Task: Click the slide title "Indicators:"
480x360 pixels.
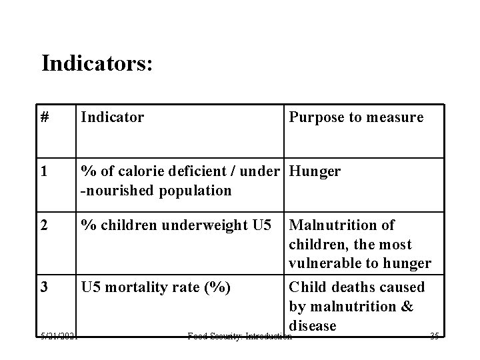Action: (x=97, y=64)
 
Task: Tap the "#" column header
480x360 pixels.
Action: (x=45, y=118)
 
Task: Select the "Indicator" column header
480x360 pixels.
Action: (x=112, y=118)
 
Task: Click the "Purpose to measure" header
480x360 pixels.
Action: (x=356, y=118)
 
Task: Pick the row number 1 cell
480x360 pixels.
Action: (x=44, y=171)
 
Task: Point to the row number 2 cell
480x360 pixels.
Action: (x=45, y=225)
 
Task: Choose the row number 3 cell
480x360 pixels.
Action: (x=45, y=287)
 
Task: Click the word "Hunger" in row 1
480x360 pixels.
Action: (x=315, y=171)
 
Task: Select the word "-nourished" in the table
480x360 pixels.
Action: (x=117, y=191)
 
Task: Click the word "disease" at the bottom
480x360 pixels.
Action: (x=313, y=326)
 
